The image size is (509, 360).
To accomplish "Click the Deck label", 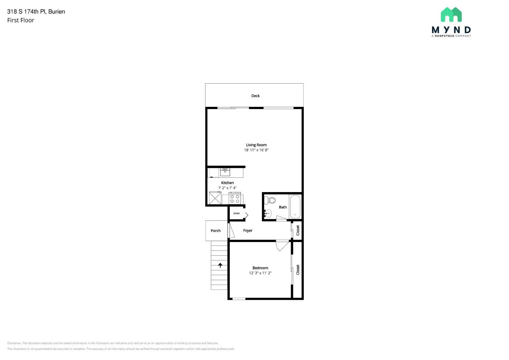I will click(255, 96).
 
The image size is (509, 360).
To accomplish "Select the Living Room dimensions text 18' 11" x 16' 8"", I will click(256, 150).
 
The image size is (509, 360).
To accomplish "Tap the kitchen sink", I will click(225, 172).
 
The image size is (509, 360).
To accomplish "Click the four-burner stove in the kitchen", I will click(235, 199).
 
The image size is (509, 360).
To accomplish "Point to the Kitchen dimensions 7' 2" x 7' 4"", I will click(227, 188).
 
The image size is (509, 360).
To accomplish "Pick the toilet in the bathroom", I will click(270, 200).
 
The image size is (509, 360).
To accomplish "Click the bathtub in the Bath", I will click(295, 206).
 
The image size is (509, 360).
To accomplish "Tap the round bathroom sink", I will click(268, 213).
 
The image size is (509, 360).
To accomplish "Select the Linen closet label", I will click(236, 213).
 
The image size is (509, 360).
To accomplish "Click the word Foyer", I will click(248, 231).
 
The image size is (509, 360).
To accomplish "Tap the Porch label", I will click(215, 231).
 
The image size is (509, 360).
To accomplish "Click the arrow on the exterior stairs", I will click(220, 265).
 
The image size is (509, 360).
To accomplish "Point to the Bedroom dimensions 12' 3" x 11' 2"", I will click(260, 273).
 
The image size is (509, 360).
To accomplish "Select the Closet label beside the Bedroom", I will click(298, 270).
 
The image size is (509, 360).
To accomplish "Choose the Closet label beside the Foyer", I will click(298, 230).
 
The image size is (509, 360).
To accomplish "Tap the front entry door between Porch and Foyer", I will click(232, 231).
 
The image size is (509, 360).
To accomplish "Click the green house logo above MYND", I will click(451, 15).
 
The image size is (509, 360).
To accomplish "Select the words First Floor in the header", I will click(21, 20).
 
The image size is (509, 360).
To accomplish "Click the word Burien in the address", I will click(57, 11).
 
